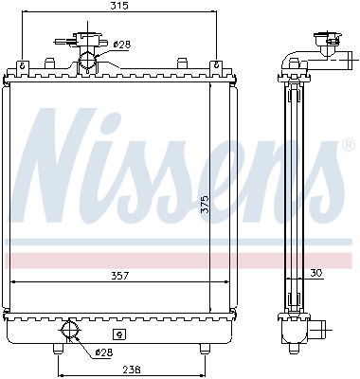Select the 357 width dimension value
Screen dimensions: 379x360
pyautogui.click(x=119, y=276)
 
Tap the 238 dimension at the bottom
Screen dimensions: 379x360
pyautogui.click(x=131, y=370)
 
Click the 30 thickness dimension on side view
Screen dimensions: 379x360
pyautogui.click(x=315, y=273)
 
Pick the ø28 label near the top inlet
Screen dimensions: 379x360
pyautogui.click(x=121, y=44)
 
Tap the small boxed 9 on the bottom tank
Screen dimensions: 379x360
pyautogui.click(x=118, y=334)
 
